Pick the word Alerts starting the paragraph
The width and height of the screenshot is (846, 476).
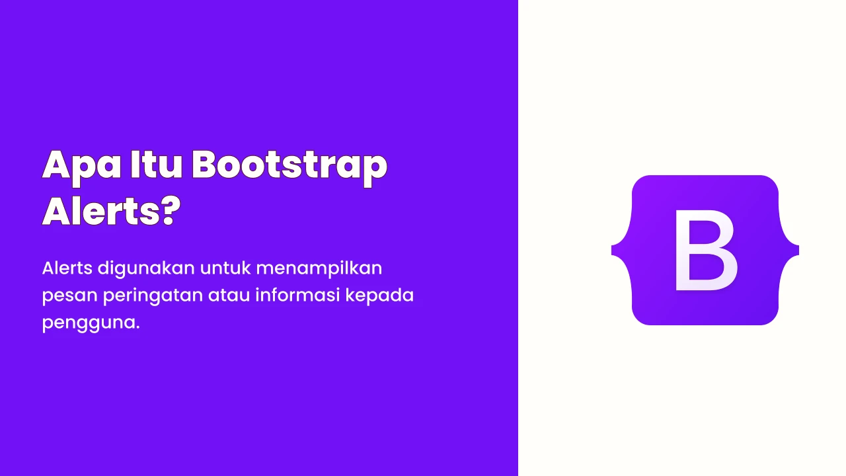click(67, 268)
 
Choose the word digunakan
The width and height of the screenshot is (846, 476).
click(146, 269)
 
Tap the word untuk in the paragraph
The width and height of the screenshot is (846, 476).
click(225, 268)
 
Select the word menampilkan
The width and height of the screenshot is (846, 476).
click(319, 269)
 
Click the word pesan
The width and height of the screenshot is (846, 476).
click(70, 296)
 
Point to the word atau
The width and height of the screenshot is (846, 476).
click(229, 296)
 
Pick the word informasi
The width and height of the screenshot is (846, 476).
click(297, 295)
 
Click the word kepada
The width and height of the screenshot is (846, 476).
click(379, 296)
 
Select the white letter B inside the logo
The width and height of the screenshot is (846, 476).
click(706, 251)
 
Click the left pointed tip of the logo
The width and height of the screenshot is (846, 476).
click(612, 250)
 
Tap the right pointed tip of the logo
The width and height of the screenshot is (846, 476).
click(798, 250)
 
